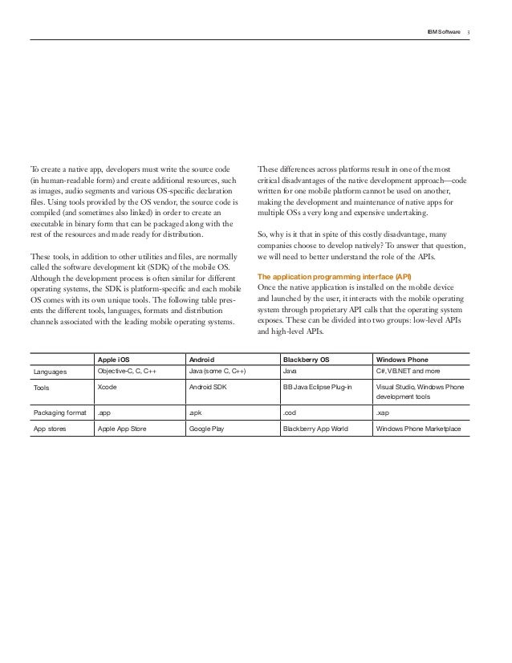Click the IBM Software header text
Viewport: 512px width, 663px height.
click(x=445, y=31)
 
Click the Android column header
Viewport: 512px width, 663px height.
click(x=202, y=360)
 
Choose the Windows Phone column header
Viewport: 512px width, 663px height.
click(x=403, y=360)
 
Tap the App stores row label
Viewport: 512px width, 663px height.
click(x=51, y=429)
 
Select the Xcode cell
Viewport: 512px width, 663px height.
click(x=107, y=387)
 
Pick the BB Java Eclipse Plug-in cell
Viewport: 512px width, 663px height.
click(x=318, y=387)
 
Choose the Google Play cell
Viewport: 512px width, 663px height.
click(x=205, y=429)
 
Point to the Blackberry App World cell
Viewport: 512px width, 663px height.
click(x=315, y=429)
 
